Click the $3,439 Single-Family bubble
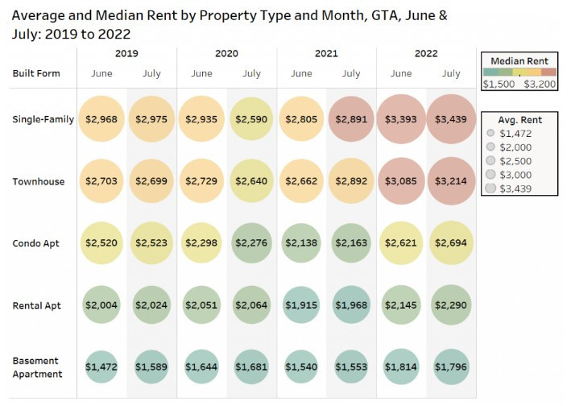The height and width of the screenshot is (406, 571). tap(451, 119)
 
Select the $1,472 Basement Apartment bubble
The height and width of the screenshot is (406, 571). tap(101, 367)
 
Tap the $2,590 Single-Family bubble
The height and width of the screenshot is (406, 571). tap(251, 119)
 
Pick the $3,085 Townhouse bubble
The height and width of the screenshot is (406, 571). tap(401, 181)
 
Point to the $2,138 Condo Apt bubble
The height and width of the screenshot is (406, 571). tap(301, 243)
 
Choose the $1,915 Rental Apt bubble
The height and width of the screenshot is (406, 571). tap(301, 305)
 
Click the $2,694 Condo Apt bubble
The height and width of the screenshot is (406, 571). tap(451, 243)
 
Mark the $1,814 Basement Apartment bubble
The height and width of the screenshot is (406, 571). tap(401, 367)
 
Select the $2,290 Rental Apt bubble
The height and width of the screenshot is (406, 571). tap(451, 305)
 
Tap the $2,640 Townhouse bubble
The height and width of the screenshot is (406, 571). tap(251, 181)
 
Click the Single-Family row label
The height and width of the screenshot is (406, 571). tap(43, 119)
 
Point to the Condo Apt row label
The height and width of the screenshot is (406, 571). tap(37, 243)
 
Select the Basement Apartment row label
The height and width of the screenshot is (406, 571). tap(37, 367)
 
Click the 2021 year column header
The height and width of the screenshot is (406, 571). tap(326, 54)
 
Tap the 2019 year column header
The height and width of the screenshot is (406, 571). tap(126, 54)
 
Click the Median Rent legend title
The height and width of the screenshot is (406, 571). tap(519, 60)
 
